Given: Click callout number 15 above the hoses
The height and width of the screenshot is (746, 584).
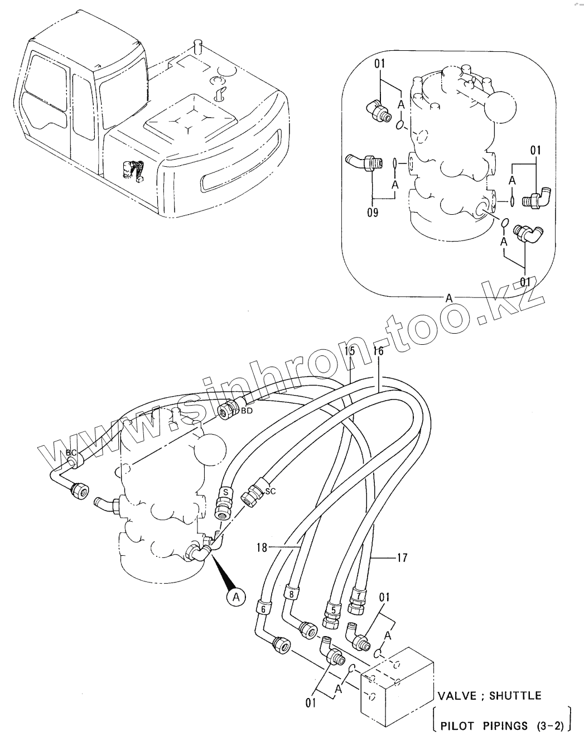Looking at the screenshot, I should [x=349, y=351].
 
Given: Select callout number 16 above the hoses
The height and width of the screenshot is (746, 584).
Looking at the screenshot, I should [x=378, y=351].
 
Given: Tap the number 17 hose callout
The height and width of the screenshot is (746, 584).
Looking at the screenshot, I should [x=402, y=557].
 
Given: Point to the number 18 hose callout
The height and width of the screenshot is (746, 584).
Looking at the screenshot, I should [x=262, y=548].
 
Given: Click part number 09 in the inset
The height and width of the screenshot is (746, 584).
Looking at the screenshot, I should [x=373, y=213].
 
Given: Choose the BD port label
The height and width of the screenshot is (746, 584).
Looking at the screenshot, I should [x=247, y=411].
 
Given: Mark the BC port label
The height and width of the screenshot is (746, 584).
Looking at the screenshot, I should [x=71, y=453].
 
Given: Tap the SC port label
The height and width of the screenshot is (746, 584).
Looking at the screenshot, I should [x=270, y=491].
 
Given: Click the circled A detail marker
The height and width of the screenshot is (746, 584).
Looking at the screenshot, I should [x=236, y=598].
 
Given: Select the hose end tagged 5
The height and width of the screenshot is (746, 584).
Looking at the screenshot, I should [x=332, y=610].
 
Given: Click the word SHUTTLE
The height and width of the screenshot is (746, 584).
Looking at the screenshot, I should [x=513, y=696].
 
